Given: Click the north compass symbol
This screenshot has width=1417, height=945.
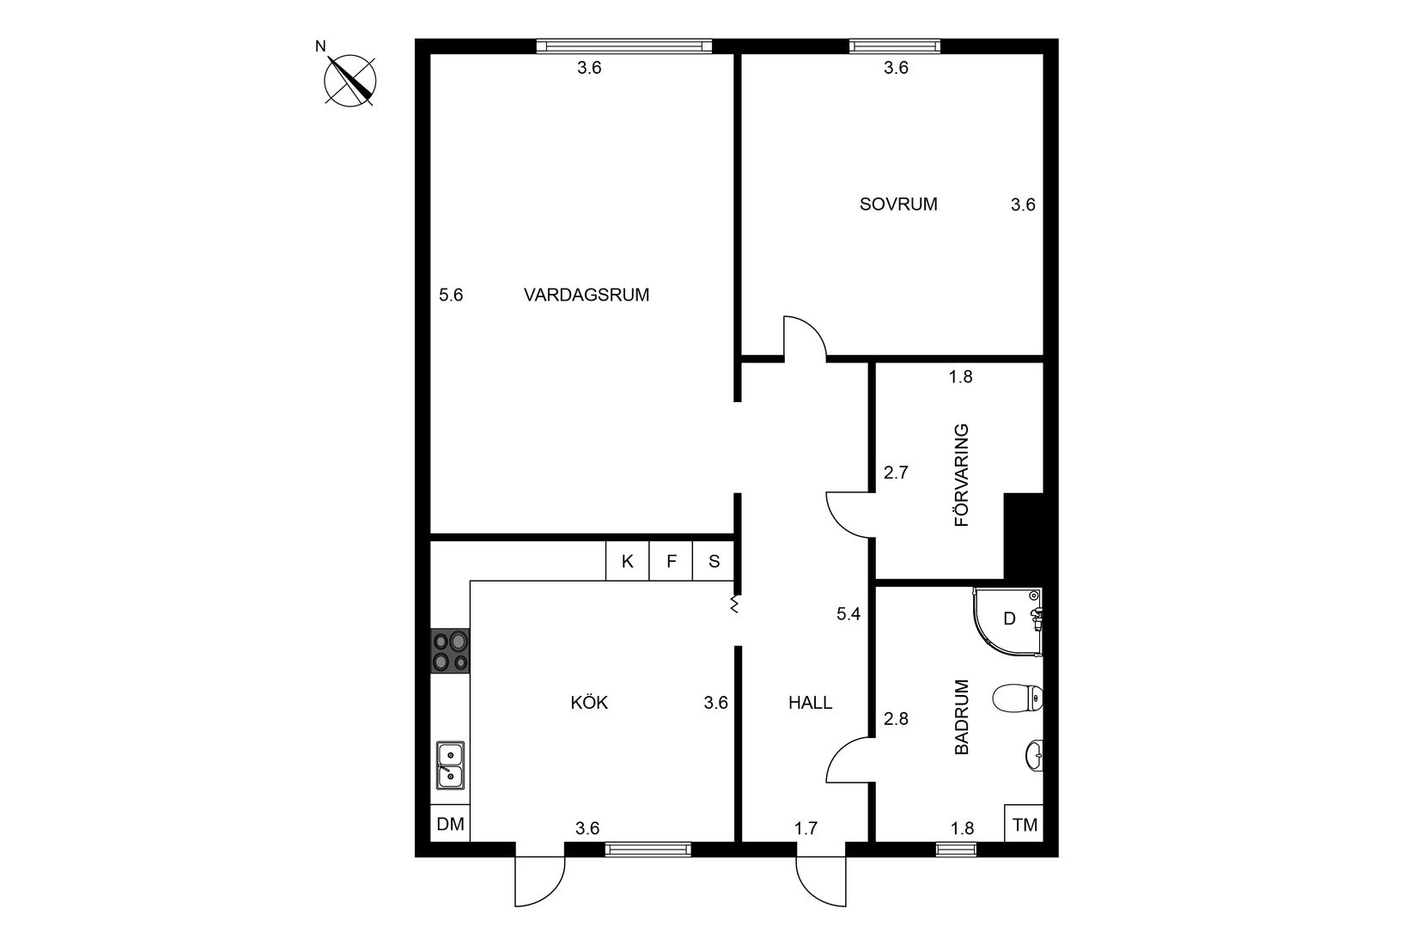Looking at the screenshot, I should click(350, 81).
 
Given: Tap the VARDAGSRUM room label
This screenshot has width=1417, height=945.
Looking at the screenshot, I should click(587, 296).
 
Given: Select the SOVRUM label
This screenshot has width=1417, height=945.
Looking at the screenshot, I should click(898, 204).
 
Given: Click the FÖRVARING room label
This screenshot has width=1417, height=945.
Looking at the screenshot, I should click(961, 474).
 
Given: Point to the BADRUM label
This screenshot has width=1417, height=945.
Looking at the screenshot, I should click(961, 717).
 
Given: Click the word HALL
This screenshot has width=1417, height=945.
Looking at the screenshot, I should click(810, 703).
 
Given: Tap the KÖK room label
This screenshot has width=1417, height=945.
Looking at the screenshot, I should click(589, 703).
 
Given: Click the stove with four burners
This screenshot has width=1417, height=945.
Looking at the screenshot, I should click(450, 651).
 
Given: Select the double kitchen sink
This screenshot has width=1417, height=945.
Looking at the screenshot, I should click(450, 765).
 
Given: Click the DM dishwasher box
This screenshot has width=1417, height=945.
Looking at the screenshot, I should click(450, 825).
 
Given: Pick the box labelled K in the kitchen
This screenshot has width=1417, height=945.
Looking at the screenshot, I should click(628, 562).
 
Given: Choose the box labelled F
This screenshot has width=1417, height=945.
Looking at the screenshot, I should click(672, 562).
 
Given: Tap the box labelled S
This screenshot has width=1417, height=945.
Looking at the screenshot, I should click(715, 562).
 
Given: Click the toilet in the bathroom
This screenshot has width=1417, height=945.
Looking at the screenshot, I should click(1017, 698).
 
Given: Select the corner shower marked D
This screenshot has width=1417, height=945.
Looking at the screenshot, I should click(1006, 620).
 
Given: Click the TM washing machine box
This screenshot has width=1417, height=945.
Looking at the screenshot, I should click(1025, 825).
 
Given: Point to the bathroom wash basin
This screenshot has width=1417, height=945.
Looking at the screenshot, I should click(1034, 755).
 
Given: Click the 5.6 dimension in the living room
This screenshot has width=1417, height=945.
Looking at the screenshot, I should click(451, 296).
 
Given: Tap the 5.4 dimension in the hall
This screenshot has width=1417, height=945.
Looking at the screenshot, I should click(848, 613).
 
